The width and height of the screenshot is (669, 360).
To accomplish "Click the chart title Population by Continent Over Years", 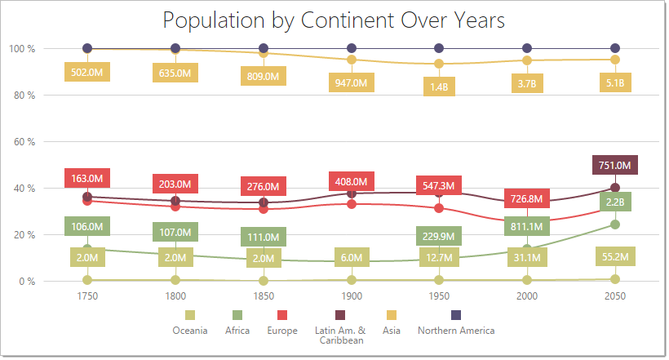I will [x=334, y=20].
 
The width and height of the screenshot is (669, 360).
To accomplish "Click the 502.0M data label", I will [x=87, y=73].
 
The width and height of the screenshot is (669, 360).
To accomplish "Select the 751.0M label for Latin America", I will [x=615, y=165].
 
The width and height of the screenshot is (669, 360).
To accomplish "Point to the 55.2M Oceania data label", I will [x=615, y=257].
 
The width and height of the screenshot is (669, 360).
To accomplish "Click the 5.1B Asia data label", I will [x=615, y=82].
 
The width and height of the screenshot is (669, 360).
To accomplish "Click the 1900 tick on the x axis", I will [x=352, y=298].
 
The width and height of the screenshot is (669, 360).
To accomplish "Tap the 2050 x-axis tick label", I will [x=615, y=298].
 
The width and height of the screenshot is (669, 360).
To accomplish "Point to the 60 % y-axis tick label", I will [x=22, y=142].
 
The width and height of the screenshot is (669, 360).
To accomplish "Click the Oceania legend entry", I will [x=189, y=331].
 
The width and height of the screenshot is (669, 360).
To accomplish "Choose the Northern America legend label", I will [x=455, y=331].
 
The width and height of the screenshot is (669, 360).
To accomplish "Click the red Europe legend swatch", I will [x=282, y=315].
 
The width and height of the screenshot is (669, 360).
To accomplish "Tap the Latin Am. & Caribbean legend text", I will [x=339, y=336].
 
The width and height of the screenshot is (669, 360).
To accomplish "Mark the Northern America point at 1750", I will [x=87, y=49].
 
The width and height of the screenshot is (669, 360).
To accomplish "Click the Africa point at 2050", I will [x=615, y=224].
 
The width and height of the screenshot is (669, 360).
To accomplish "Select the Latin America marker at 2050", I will [x=615, y=188].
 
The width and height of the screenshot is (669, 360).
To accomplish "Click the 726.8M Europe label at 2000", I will [x=527, y=198].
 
